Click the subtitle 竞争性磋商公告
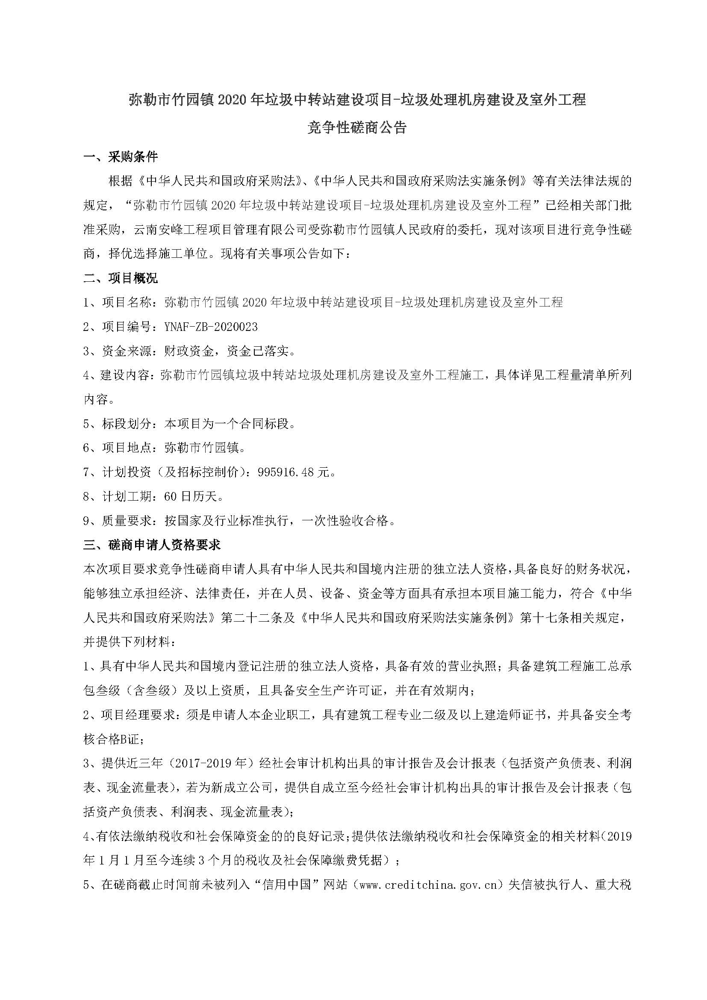(x=356, y=127)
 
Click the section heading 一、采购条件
(x=121, y=157)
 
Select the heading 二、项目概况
(x=121, y=278)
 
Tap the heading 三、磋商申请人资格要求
(x=152, y=544)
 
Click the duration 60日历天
(x=194, y=496)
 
